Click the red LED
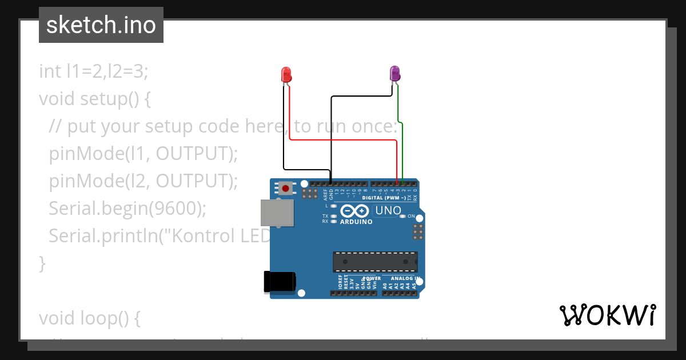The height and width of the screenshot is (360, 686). (x=286, y=74)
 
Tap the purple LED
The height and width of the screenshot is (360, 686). (x=394, y=73)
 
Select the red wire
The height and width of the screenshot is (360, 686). (x=343, y=139)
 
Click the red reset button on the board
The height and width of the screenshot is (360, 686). (x=285, y=187)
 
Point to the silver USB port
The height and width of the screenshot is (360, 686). (x=277, y=213)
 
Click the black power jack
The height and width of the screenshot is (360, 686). (x=280, y=282)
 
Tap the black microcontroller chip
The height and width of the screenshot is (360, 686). (x=375, y=261)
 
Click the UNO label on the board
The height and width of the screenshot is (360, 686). (x=387, y=211)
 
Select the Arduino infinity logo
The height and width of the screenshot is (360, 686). (x=356, y=211)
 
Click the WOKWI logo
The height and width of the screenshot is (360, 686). (x=607, y=315)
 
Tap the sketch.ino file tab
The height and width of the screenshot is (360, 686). (x=101, y=25)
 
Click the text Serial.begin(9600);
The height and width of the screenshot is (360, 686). (x=127, y=209)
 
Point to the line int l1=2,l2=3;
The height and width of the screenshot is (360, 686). (x=93, y=71)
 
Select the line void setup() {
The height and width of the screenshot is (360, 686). (x=94, y=98)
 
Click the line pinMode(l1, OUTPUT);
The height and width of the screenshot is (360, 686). (x=143, y=153)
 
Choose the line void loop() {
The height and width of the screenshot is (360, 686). (x=90, y=318)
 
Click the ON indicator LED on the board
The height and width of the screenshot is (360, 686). (x=403, y=217)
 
